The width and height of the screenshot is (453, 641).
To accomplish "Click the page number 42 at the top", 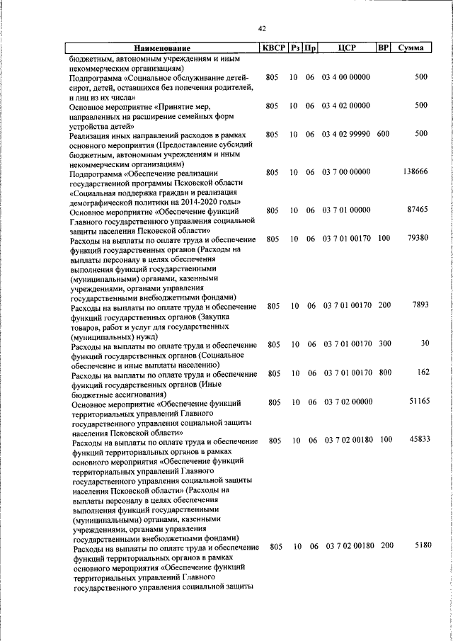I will (x=261, y=28).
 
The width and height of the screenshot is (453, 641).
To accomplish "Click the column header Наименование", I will (x=161, y=48).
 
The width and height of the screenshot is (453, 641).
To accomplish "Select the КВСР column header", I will (x=273, y=48).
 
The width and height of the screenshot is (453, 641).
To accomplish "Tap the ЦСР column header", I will (x=346, y=48).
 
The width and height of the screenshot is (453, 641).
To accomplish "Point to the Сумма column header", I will (x=411, y=48).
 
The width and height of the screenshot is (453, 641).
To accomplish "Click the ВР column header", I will (x=383, y=48).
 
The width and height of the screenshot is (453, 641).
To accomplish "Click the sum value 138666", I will (x=414, y=171).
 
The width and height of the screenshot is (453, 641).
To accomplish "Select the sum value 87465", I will (x=417, y=210).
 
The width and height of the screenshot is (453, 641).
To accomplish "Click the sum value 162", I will (x=423, y=372).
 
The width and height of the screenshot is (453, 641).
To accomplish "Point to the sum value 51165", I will (x=417, y=402).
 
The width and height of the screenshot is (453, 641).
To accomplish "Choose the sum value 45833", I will (x=417, y=440).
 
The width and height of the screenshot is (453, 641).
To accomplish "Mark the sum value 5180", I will (x=420, y=545).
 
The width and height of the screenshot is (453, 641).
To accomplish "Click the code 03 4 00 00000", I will (x=345, y=76).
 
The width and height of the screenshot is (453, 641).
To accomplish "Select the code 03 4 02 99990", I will (x=345, y=133).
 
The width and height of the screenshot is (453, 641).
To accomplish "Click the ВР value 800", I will (x=384, y=373).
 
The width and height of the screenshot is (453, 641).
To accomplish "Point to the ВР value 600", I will (x=383, y=133).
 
